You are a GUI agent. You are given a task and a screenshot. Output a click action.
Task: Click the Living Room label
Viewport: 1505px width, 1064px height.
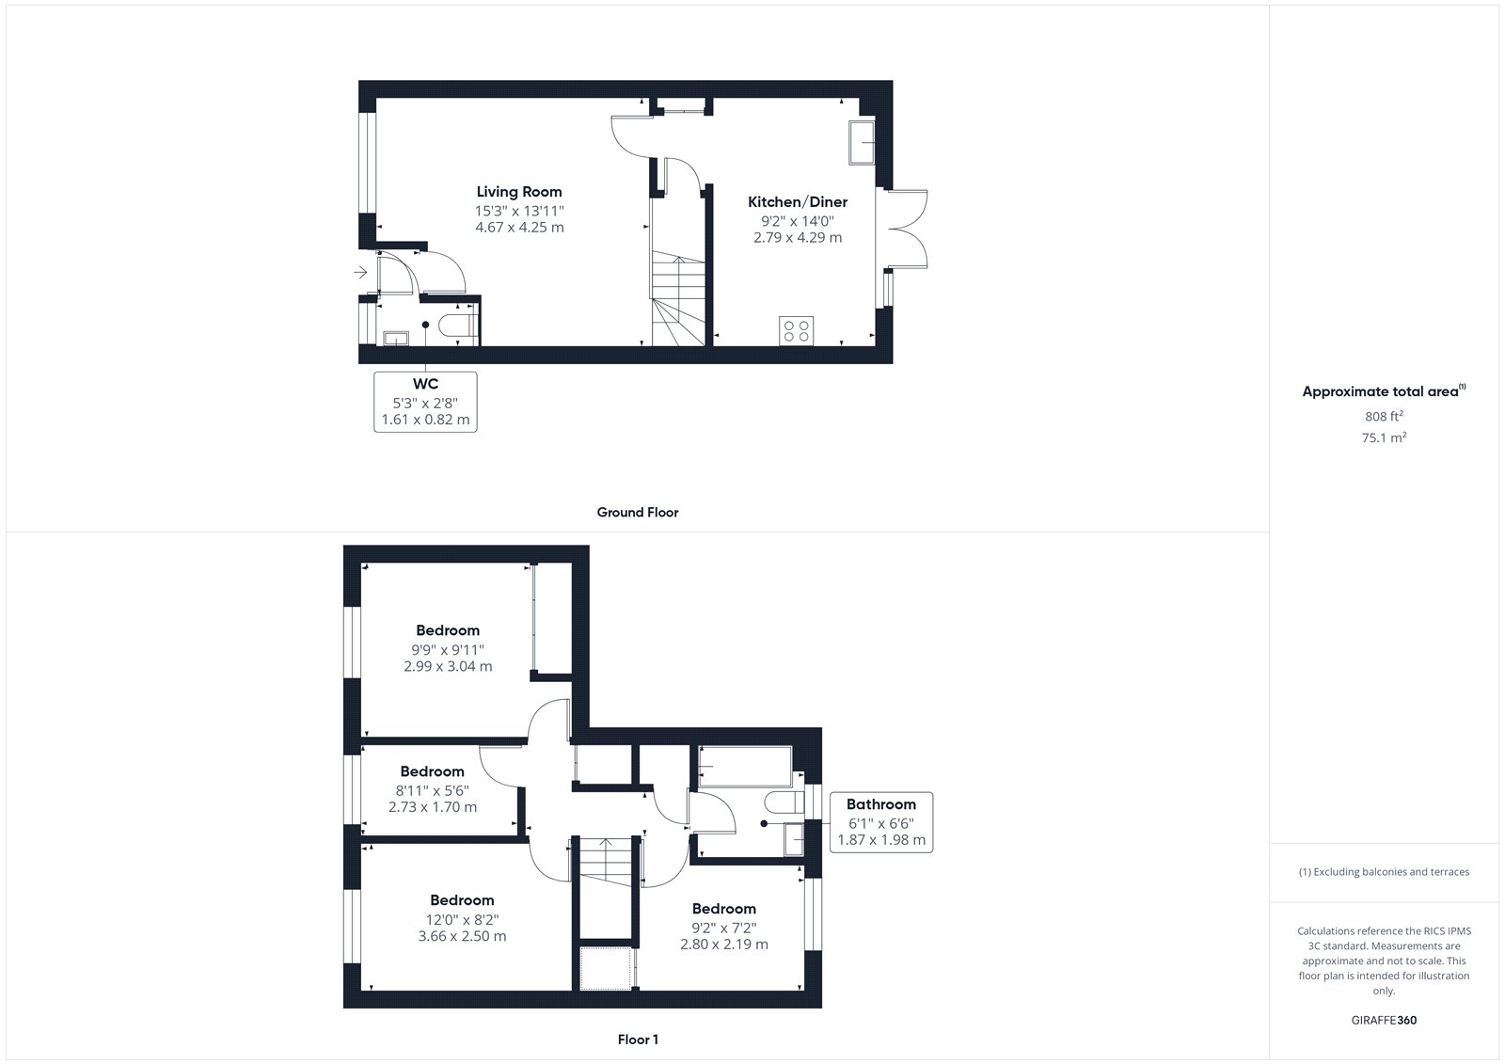pos(518,192)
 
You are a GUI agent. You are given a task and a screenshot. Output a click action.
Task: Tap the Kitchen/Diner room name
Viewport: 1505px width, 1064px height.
pos(798,202)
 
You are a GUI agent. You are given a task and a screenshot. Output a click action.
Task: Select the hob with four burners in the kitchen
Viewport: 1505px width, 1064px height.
pos(796,331)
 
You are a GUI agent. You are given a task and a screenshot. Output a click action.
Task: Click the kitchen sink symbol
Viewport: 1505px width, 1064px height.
pos(862,142)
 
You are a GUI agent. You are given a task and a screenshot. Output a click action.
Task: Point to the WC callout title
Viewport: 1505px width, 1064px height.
pos(425,384)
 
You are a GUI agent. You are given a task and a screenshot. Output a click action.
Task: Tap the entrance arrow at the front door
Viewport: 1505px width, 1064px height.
pos(361,272)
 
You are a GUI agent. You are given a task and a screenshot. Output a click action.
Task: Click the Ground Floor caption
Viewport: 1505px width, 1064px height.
pos(638,512)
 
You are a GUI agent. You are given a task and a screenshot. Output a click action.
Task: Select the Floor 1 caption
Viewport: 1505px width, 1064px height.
pos(638,1040)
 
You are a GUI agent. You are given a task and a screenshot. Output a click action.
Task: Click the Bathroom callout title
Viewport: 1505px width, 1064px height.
pos(880,804)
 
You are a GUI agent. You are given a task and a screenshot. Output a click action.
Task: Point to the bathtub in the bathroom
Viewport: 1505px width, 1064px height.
pos(745,766)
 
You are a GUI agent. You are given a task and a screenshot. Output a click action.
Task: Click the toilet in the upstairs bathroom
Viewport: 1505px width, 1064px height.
pos(784,802)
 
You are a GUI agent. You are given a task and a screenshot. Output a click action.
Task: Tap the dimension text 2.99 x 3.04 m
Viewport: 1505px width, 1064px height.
pos(448,667)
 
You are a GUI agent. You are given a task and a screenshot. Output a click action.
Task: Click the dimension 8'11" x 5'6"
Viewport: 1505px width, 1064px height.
pos(432,790)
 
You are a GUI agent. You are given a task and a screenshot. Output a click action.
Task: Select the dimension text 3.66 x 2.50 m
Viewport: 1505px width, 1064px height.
pos(462,936)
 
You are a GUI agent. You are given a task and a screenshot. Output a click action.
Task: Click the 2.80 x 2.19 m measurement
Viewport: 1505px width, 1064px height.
pos(724,945)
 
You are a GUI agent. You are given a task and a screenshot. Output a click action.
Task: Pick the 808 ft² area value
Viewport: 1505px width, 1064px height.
pos(1384,416)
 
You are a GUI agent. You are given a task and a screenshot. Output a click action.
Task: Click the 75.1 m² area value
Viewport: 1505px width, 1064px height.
pos(1384,437)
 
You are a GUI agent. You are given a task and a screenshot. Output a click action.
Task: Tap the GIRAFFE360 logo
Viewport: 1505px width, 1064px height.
pos(1384,1021)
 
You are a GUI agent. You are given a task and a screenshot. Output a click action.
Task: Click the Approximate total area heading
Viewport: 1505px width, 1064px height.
pos(1384,391)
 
